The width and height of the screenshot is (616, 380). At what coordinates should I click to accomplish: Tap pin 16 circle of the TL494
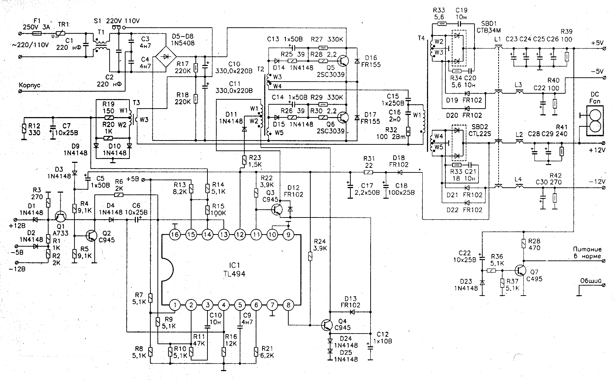(174, 235)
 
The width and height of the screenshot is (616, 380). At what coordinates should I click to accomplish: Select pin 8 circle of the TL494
(288, 305)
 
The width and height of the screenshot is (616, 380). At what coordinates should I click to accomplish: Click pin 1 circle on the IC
(174, 305)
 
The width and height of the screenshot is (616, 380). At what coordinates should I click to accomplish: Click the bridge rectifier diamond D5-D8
(166, 56)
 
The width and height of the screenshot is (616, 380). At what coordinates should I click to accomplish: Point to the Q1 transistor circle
(61, 217)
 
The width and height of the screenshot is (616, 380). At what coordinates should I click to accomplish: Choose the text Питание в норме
(587, 253)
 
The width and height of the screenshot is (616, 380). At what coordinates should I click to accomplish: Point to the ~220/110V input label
(30, 45)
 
